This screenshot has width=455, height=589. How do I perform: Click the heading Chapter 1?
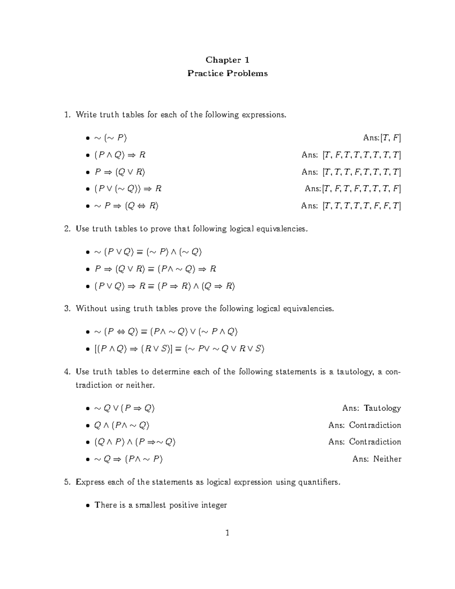click(227, 60)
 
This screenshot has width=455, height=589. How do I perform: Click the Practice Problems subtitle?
click(227, 73)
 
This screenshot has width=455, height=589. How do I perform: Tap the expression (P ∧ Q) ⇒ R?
click(120, 155)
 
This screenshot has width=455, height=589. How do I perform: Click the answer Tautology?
click(382, 408)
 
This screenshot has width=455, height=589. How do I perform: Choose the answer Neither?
click(387, 459)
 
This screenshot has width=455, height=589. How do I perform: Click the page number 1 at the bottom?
click(227, 533)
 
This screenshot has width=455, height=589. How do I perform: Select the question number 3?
click(67, 309)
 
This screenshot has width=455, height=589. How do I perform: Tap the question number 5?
click(67, 482)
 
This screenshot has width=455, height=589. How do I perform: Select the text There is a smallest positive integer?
click(161, 505)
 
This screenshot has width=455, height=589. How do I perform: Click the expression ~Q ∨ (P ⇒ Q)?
click(124, 408)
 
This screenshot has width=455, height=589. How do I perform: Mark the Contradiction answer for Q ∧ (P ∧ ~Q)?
click(375, 425)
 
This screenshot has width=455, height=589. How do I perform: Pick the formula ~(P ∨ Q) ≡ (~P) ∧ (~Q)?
click(148, 252)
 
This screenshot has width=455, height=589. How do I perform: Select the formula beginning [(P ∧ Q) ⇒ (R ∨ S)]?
click(179, 349)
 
